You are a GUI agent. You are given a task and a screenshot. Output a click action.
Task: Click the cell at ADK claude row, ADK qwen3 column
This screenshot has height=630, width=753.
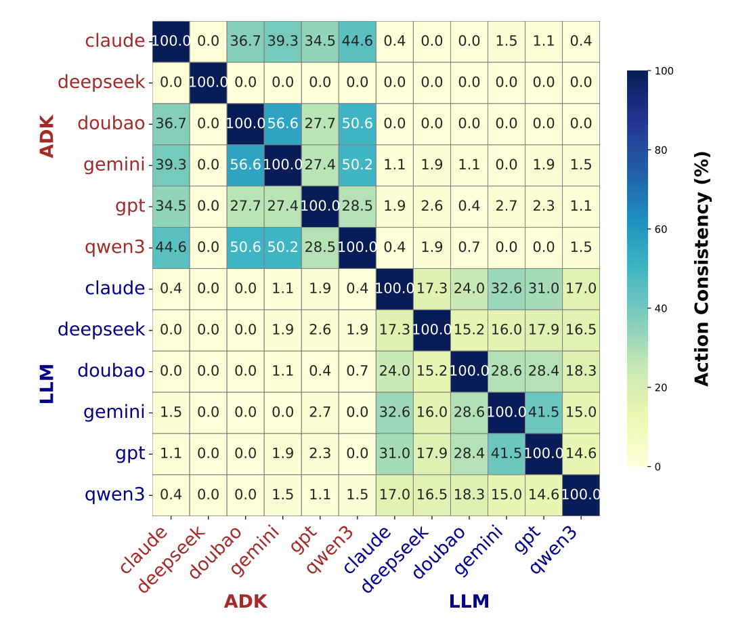coord(357,41)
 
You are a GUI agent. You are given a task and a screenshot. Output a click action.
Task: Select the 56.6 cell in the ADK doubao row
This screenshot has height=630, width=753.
coord(282,124)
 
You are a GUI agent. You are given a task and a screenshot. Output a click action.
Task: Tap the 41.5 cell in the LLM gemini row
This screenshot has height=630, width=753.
coord(543,413)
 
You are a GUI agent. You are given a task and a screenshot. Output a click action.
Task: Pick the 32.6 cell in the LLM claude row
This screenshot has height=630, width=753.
coord(506,289)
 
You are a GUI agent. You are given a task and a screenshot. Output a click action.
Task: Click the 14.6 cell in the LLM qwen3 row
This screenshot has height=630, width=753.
coord(543,495)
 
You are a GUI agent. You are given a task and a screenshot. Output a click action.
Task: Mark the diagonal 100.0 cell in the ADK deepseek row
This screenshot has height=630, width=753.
coord(208,83)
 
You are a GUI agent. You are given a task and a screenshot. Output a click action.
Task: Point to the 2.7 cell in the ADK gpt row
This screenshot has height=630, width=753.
coord(506,207)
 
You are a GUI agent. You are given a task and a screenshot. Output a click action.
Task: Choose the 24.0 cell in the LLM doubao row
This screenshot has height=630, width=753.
coord(394,371)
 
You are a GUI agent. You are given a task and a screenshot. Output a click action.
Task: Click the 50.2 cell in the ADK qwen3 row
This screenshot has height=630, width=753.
coord(282,247)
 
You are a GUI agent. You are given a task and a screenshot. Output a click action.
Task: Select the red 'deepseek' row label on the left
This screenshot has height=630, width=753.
coord(101,83)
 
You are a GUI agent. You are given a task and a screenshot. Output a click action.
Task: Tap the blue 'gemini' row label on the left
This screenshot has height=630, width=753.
coord(114,413)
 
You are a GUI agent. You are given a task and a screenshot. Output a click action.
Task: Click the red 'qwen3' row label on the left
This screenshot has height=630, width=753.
coord(114,247)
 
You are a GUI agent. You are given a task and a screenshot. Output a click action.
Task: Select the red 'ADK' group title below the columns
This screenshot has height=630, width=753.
coord(245,602)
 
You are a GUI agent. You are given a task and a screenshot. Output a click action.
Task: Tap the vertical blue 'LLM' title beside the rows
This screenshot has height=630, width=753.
coord(47,384)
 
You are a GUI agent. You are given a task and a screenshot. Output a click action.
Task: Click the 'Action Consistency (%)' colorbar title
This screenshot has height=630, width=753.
coord(702,269)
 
